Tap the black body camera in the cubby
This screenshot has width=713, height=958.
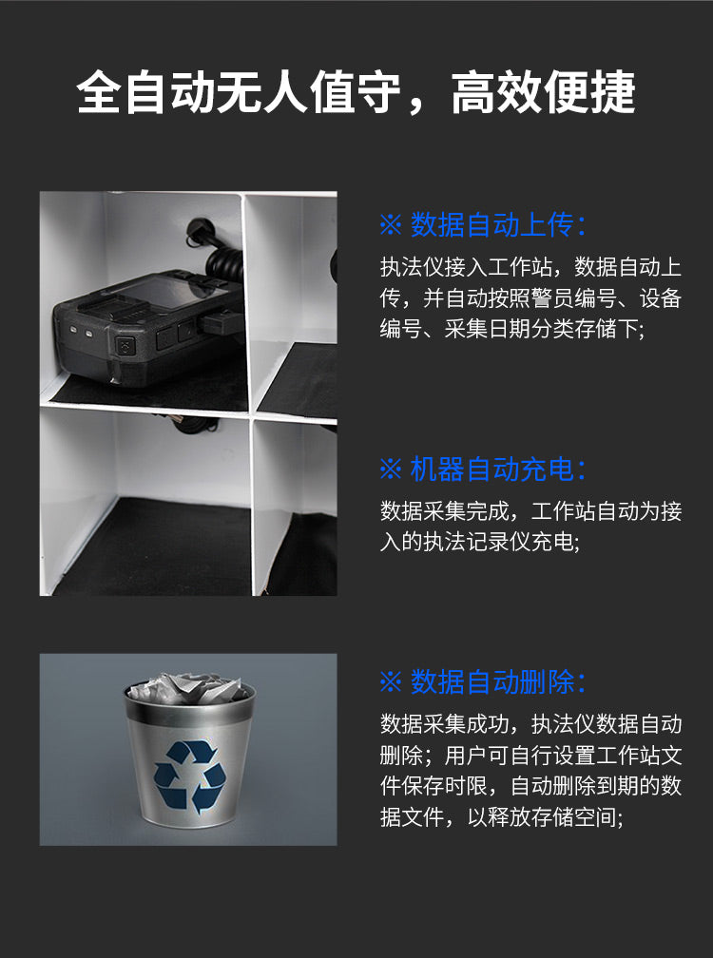[x=143, y=328]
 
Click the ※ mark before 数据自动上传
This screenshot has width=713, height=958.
[x=391, y=226]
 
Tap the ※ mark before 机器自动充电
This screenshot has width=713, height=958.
[x=391, y=469]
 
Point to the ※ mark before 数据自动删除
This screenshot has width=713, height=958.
[x=391, y=682]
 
